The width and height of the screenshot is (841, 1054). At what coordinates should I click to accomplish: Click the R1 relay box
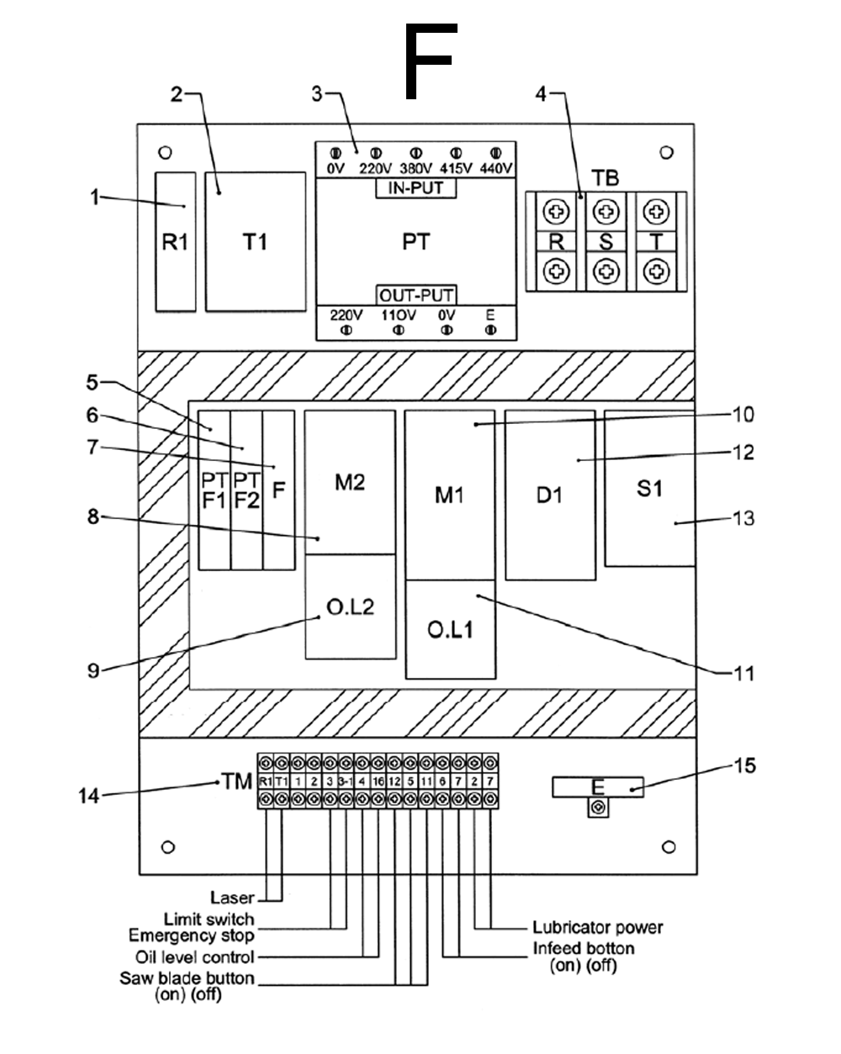pos(176,241)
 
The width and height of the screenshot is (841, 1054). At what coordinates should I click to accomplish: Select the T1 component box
pos(255,241)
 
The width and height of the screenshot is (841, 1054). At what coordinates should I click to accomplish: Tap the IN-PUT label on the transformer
pos(415,188)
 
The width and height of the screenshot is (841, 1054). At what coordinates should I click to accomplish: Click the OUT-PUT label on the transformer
pos(416,295)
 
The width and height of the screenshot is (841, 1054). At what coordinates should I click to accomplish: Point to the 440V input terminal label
pos(495,168)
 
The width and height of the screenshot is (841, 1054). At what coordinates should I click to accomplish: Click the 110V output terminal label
pos(399,315)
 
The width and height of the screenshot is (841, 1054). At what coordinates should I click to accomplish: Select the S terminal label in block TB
pos(606,242)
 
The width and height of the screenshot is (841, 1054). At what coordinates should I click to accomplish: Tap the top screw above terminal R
pos(556,212)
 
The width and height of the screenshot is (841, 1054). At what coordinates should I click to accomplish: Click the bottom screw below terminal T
pos(656,272)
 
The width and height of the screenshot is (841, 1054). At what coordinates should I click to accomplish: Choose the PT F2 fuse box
pos(246,490)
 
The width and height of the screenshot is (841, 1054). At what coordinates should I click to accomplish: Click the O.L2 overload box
pos(350,606)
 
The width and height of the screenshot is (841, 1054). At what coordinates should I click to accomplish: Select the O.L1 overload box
pos(450,629)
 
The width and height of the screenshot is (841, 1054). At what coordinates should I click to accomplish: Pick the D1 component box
pos(550,495)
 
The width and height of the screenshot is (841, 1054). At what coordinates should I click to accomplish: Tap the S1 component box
pos(649,489)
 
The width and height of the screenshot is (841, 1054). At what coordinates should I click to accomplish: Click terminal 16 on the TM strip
pos(378,781)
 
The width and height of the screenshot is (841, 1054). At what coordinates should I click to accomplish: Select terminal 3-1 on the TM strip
pos(346,781)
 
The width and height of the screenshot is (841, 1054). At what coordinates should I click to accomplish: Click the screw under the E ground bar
pos(598,808)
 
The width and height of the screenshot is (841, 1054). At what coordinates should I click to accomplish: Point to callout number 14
pos(88,796)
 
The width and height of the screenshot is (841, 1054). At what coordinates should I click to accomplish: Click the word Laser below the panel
pos(232,898)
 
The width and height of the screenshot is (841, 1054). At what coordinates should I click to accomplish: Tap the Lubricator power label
pos(598,927)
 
